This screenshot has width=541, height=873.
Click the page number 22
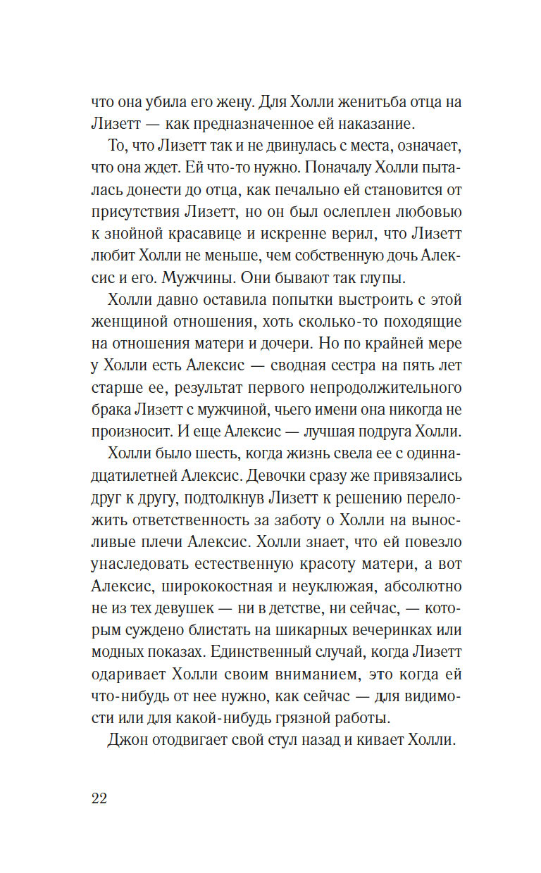[x=99, y=798]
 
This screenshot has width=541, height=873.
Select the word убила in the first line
[x=173, y=101]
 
